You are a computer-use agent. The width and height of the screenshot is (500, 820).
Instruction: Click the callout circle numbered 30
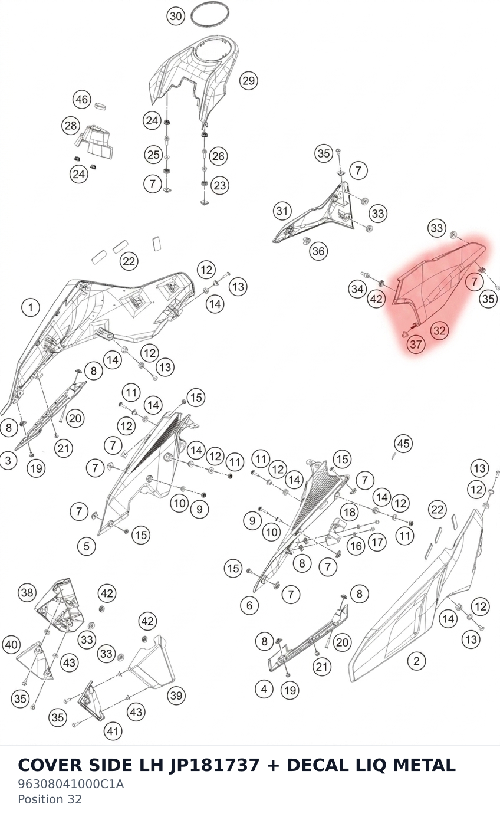click(x=176, y=17)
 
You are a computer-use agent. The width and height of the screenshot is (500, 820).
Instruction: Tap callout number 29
click(x=248, y=81)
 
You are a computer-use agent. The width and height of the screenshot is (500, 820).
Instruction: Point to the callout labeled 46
click(x=81, y=100)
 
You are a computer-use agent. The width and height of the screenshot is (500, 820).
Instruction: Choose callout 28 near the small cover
click(x=71, y=126)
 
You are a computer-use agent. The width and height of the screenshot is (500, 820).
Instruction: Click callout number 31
click(x=282, y=211)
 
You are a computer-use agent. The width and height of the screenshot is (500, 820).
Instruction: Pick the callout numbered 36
click(x=318, y=251)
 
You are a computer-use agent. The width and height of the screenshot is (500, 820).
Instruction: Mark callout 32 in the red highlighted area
click(x=439, y=330)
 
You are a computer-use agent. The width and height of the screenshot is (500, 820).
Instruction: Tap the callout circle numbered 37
click(x=416, y=344)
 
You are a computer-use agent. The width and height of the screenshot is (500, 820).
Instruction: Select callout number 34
click(x=357, y=289)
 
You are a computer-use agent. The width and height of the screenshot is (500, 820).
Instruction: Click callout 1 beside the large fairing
click(x=31, y=307)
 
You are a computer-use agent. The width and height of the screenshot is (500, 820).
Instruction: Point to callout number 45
click(x=403, y=443)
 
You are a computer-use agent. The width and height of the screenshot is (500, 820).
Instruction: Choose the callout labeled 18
click(x=349, y=512)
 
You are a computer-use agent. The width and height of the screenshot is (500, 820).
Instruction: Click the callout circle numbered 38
click(x=27, y=593)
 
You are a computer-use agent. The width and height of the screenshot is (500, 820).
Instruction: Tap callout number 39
click(x=176, y=695)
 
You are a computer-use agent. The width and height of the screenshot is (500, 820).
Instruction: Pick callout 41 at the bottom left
click(x=113, y=731)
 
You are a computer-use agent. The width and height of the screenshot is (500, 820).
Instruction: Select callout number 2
click(x=416, y=661)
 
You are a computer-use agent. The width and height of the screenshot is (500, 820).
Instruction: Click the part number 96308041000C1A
click(x=71, y=784)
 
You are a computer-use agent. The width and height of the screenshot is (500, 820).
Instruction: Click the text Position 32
click(x=50, y=799)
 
